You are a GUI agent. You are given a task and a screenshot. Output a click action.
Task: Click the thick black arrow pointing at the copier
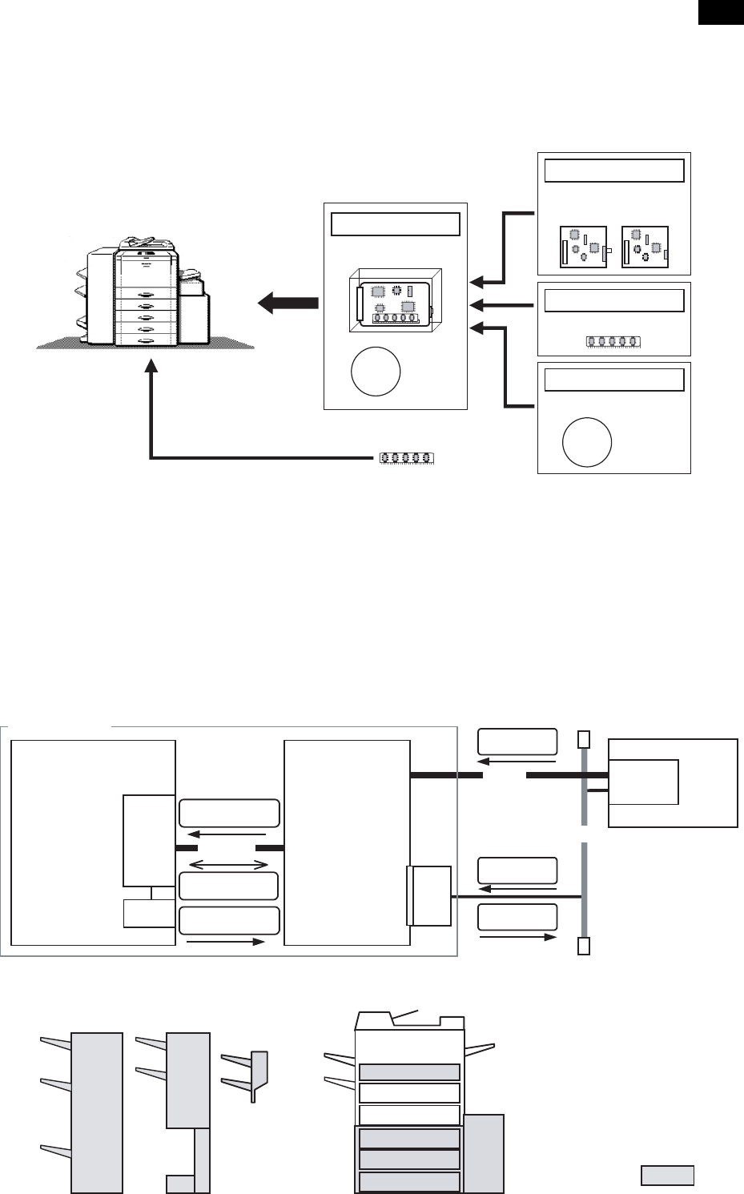288,304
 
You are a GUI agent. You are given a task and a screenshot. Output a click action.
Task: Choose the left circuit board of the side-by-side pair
583,247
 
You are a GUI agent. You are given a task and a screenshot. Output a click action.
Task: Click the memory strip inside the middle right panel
613,343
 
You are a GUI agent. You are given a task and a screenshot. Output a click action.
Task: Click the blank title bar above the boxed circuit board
396,224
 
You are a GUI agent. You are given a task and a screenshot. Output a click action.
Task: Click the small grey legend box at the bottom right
667,1175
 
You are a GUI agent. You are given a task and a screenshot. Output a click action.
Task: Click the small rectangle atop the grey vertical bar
583,738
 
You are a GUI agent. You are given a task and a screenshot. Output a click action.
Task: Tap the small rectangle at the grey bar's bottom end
583,946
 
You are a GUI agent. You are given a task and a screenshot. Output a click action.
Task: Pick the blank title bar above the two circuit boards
613,171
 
